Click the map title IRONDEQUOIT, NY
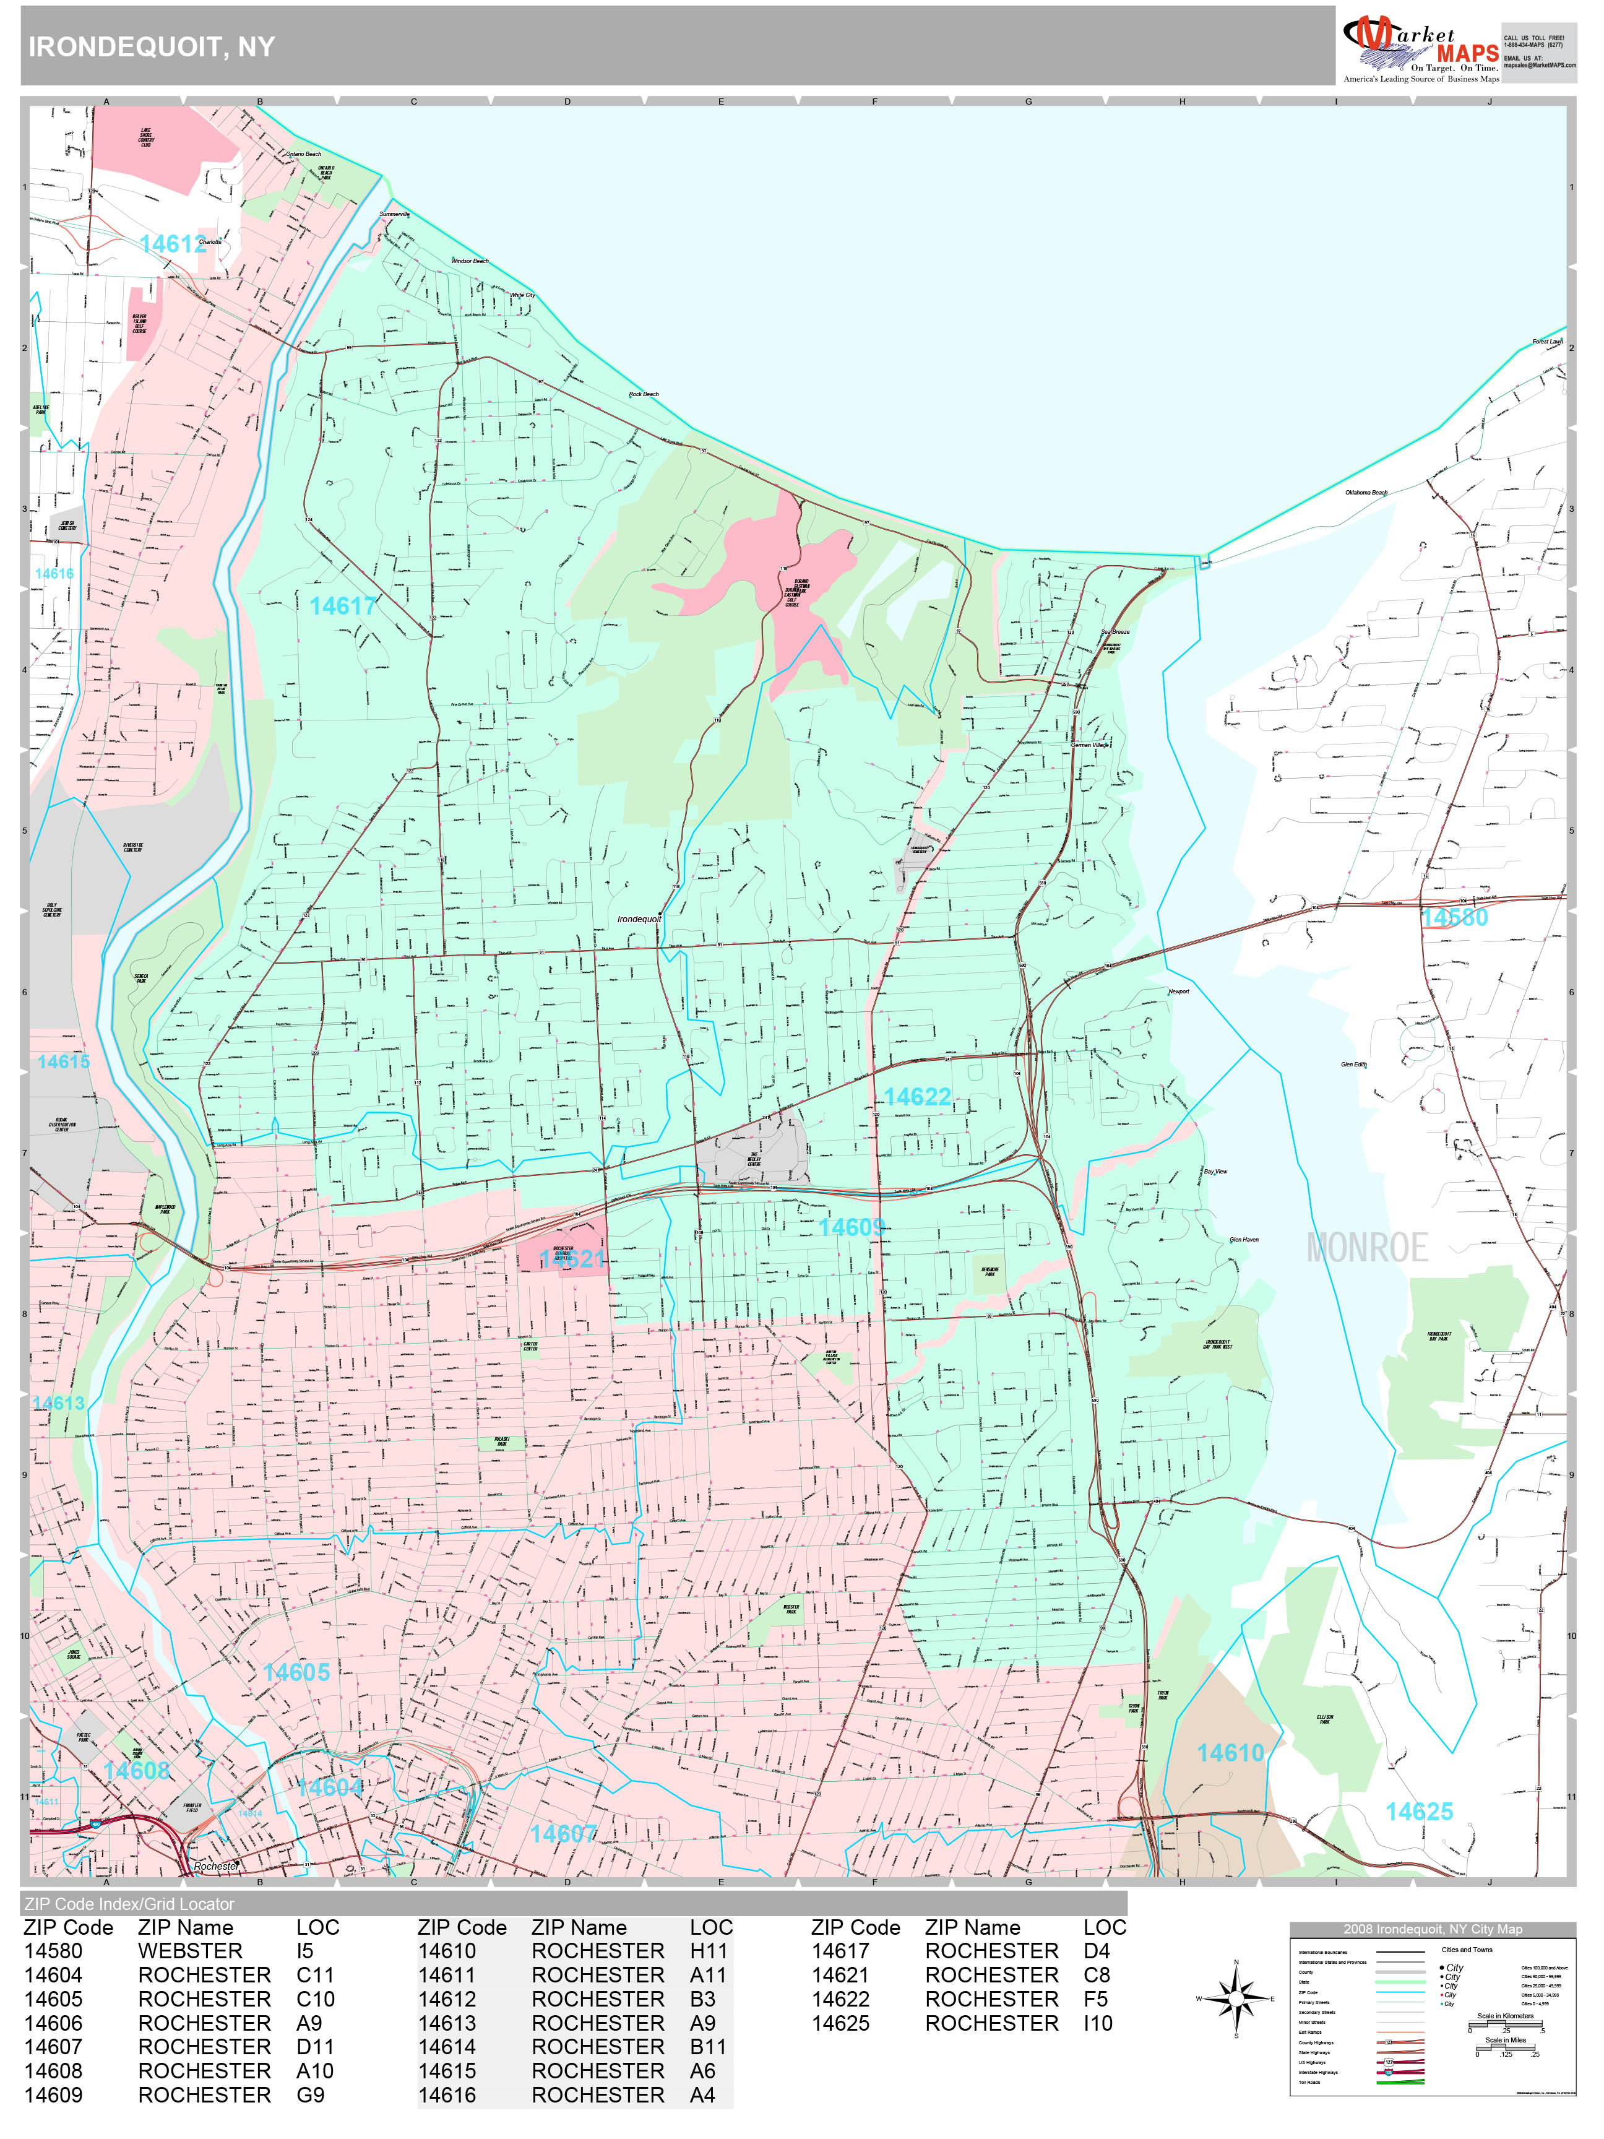pyautogui.click(x=152, y=46)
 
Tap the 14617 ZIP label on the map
pyautogui.click(x=342, y=607)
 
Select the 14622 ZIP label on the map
pyautogui.click(x=916, y=1097)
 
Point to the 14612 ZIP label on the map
pyautogui.click(x=173, y=244)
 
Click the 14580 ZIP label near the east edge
pyautogui.click(x=1454, y=918)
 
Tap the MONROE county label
pyautogui.click(x=1366, y=1247)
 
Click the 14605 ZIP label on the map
pyautogui.click(x=296, y=1672)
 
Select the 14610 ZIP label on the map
pyautogui.click(x=1230, y=1752)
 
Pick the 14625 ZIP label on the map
pyautogui.click(x=1418, y=1811)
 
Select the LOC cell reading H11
pyautogui.click(x=709, y=1951)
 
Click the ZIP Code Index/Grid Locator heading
pyautogui.click(x=129, y=1904)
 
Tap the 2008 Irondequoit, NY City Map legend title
pyautogui.click(x=1432, y=1928)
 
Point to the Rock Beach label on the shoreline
pyautogui.click(x=644, y=394)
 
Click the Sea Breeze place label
pyautogui.click(x=1115, y=631)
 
